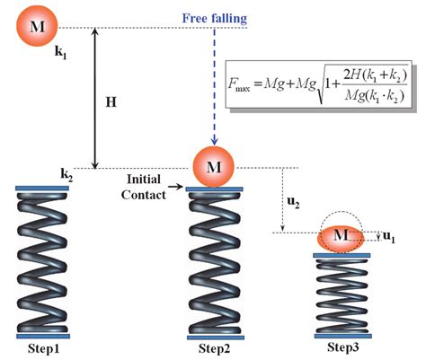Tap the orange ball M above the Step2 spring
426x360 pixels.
(x=213, y=166)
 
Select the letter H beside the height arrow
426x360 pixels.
(x=111, y=102)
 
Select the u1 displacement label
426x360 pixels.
(x=388, y=237)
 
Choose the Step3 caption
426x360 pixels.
(x=341, y=347)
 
